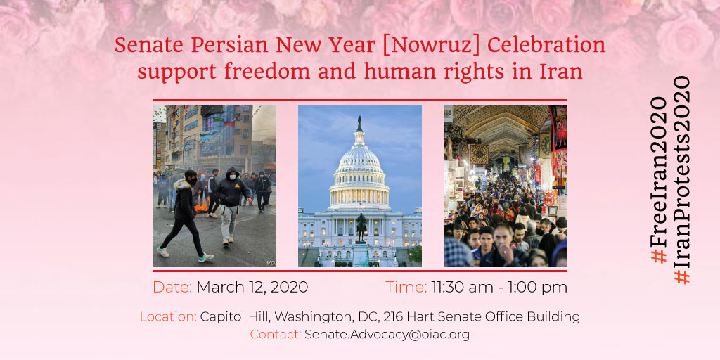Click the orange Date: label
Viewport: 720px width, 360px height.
coord(172,288)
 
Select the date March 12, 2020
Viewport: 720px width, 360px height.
coord(252,288)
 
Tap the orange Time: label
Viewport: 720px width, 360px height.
coord(406,288)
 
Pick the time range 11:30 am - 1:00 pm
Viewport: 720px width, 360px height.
coord(499,288)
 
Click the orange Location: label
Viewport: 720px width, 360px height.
coord(169,317)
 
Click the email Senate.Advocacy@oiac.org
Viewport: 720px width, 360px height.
coord(387,335)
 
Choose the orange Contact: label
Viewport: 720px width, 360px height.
coord(276,335)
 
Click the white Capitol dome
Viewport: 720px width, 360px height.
coord(359,170)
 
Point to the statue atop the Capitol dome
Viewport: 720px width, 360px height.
coord(359,124)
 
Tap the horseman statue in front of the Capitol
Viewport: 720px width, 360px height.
coord(361,227)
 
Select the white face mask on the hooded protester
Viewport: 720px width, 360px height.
coord(232,176)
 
